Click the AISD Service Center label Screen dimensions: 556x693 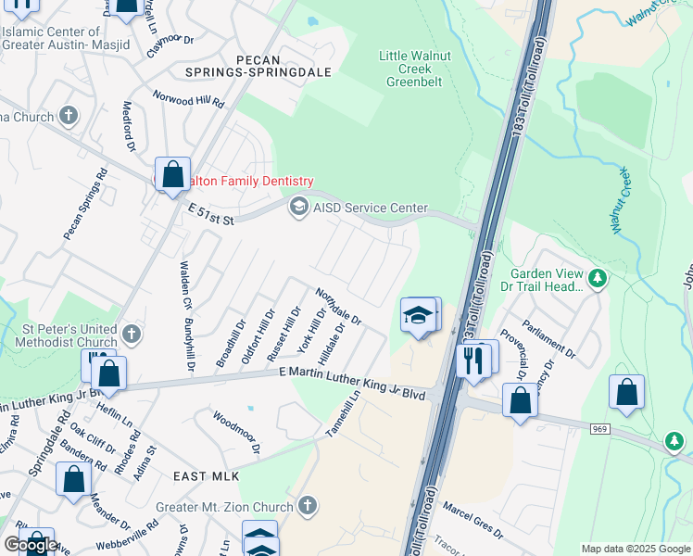(371, 208)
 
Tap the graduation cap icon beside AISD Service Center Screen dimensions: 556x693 (299, 207)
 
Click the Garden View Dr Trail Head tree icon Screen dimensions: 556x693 (598, 276)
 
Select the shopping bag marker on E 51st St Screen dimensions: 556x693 (173, 174)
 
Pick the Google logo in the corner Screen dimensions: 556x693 (31, 545)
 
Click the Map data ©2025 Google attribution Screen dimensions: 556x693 (636, 549)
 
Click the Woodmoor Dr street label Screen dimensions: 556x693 (237, 433)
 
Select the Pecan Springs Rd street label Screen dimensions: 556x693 (85, 205)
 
